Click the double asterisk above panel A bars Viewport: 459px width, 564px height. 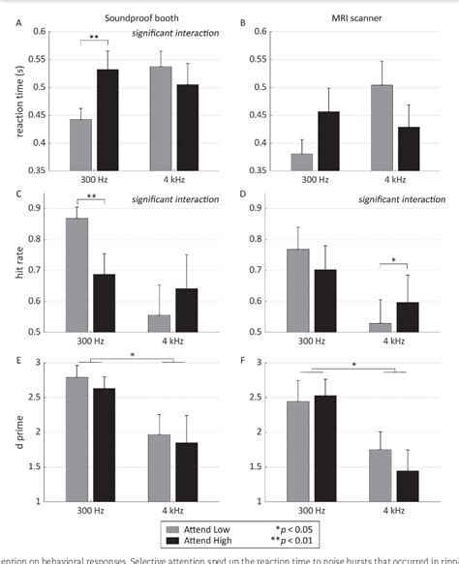pyautogui.click(x=95, y=37)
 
